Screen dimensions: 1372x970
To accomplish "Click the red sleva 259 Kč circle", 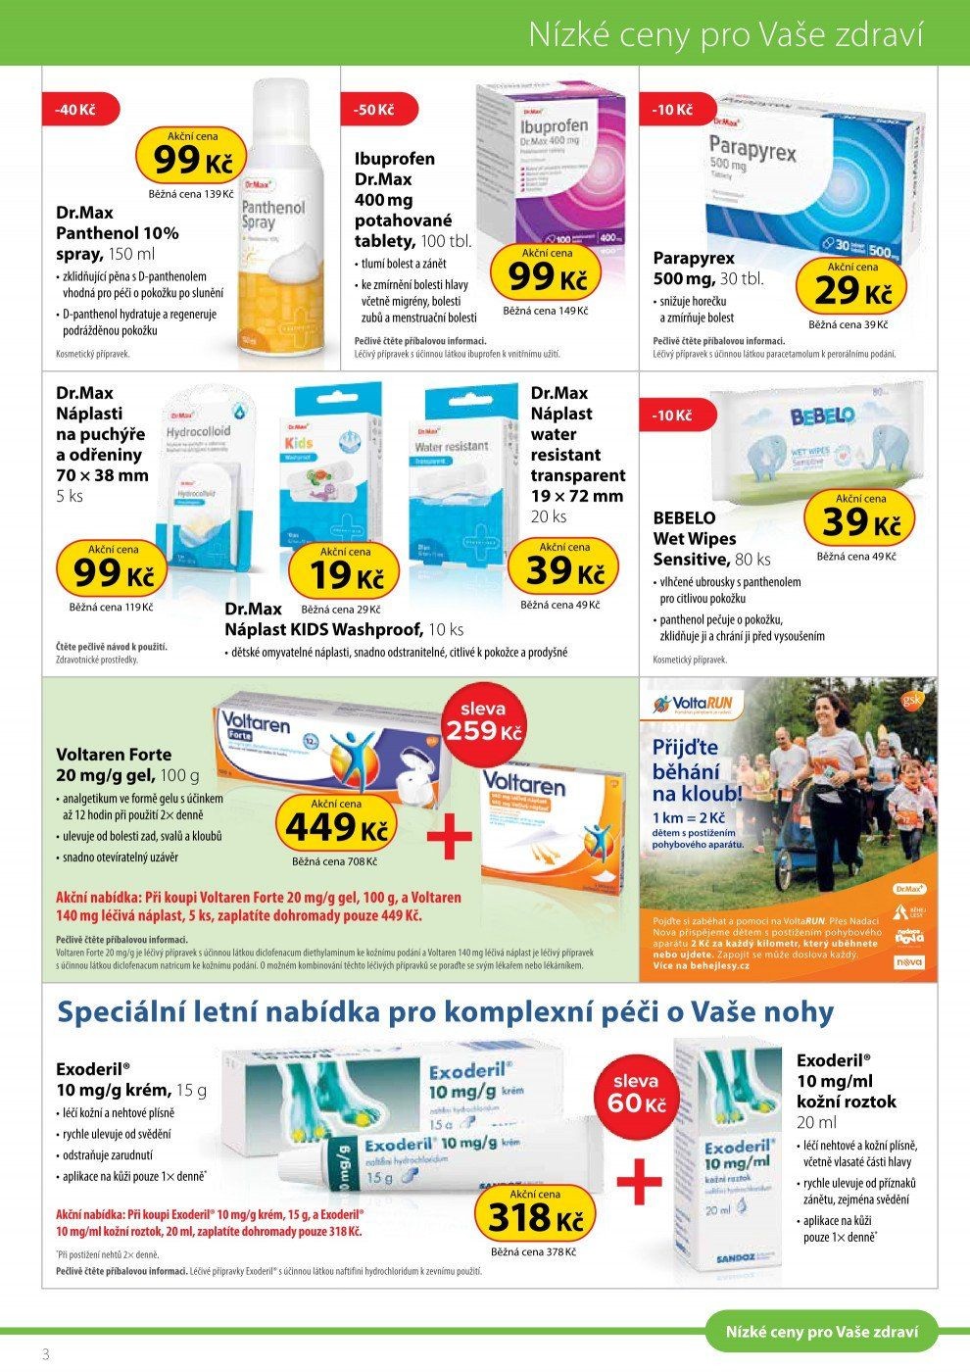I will pyautogui.click(x=484, y=721).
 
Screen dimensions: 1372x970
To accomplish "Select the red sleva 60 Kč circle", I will pyautogui.click(x=636, y=1093).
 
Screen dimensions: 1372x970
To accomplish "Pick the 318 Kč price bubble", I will pyautogui.click(x=535, y=1214).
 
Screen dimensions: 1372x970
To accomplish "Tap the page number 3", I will pyautogui.click(x=45, y=1353).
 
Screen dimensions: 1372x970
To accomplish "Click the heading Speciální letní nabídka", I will pyautogui.click(x=446, y=1012).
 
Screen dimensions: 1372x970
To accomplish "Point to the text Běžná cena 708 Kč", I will pyautogui.click(x=334, y=861).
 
